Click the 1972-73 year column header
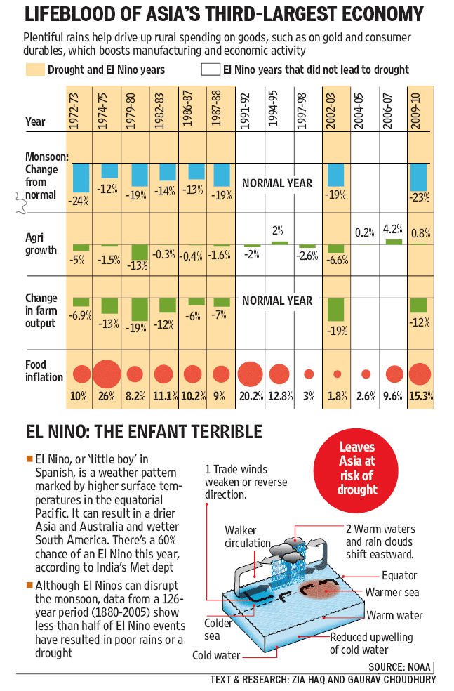(74, 111)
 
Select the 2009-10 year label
(415, 111)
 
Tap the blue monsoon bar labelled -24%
(81, 178)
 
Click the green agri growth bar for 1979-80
(140, 253)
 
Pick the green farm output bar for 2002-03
(335, 310)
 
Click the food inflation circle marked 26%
(107, 374)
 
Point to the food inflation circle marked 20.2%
(250, 374)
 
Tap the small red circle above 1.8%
(338, 374)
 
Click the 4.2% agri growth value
(392, 229)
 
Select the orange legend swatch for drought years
(35, 70)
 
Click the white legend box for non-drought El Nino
(210, 70)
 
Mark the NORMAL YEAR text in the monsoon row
(277, 183)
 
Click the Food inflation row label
(44, 371)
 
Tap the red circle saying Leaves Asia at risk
(356, 468)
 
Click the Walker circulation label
(248, 537)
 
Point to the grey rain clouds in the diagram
(288, 548)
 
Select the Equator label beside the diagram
(399, 575)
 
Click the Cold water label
(216, 655)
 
